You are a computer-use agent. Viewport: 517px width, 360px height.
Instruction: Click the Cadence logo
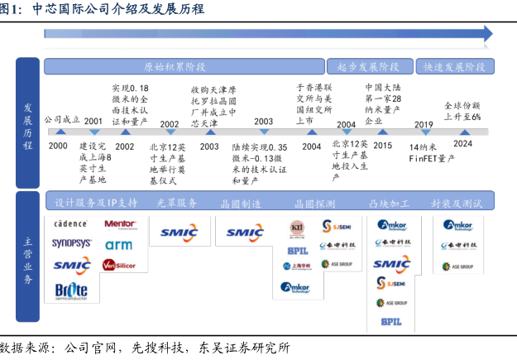[x=70, y=224]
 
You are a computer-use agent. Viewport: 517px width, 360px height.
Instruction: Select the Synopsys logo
[x=72, y=244]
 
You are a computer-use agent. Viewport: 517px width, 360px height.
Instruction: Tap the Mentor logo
[x=119, y=224]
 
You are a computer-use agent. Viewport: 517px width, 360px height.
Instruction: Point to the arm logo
[x=118, y=245]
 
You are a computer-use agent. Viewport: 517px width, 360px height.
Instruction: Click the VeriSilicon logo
[x=119, y=266]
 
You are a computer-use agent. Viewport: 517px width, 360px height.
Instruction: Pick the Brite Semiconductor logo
[x=71, y=290]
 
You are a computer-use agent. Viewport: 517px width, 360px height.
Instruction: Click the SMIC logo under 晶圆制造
[x=245, y=233]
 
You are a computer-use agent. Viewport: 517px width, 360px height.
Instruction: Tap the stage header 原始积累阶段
[x=175, y=66]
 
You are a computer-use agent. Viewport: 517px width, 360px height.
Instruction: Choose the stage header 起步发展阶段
[x=369, y=66]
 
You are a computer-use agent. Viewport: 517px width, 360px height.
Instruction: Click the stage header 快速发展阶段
[x=454, y=66]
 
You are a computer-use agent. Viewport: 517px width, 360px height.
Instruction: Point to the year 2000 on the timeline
[x=58, y=146]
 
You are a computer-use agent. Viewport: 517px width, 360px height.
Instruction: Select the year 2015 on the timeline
[x=382, y=146]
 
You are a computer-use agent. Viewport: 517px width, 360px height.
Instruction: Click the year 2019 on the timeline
[x=424, y=126]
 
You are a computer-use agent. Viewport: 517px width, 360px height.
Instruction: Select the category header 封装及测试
[x=457, y=203]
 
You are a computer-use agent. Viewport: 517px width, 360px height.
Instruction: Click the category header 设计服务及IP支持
[x=96, y=203]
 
